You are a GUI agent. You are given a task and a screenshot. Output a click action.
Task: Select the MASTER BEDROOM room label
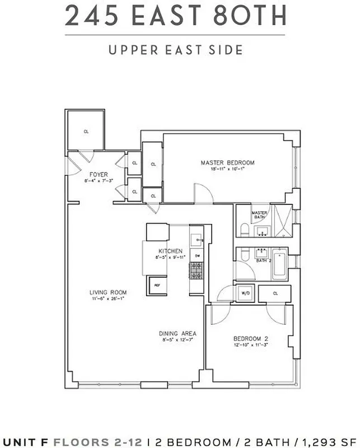coord(228,163)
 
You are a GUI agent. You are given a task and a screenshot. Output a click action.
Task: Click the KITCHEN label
coord(170,251)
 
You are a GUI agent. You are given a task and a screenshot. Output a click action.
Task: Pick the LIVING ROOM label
coord(108,292)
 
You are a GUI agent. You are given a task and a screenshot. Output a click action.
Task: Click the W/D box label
coord(245,293)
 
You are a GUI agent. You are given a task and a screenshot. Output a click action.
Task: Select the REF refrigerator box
coord(156,284)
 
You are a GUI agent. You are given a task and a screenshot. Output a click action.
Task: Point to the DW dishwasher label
coord(197,256)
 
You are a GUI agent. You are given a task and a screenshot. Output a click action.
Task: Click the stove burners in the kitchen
coord(197,271)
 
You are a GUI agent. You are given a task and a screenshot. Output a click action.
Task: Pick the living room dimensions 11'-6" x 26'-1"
coord(108,298)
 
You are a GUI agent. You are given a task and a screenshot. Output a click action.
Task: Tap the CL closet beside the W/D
coord(275,293)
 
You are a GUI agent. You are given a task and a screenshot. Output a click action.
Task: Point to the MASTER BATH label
coord(259,215)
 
